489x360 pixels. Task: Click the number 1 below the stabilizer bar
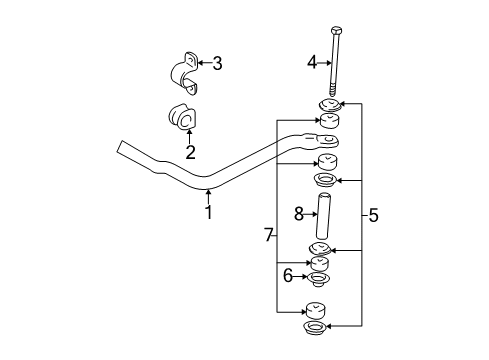click(x=208, y=211)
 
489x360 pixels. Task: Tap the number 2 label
click(x=189, y=153)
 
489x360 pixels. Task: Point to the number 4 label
click(x=311, y=62)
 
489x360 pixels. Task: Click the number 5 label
click(x=373, y=214)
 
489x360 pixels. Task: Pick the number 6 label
click(x=288, y=276)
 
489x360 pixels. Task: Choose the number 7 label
click(x=268, y=235)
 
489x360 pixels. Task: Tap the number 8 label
click(x=298, y=213)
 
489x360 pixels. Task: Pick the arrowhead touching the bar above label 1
click(x=208, y=191)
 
